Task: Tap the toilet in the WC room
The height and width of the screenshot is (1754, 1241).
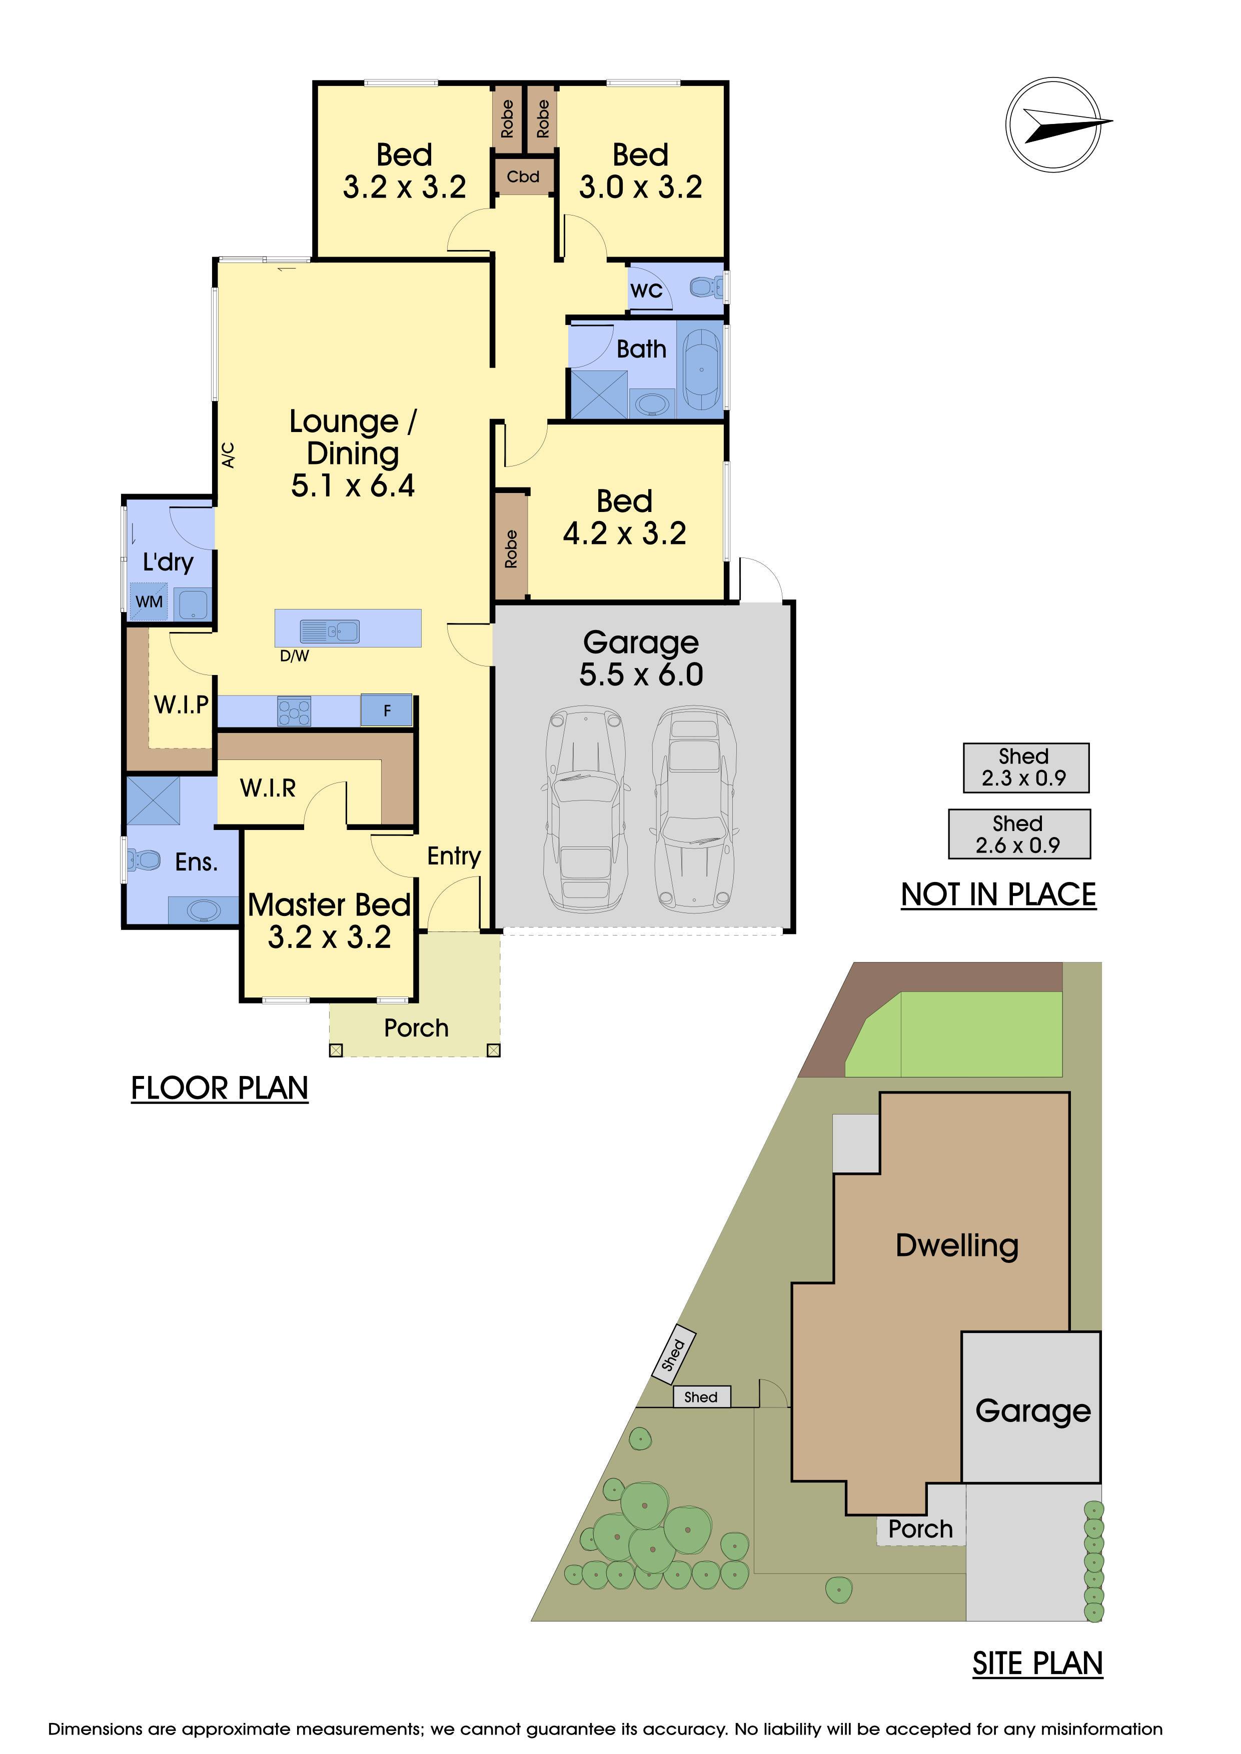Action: point(706,287)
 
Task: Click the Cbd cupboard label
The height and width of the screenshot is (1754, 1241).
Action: point(523,176)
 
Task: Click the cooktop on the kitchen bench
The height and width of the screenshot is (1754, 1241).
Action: point(294,711)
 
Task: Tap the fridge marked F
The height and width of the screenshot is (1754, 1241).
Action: point(387,709)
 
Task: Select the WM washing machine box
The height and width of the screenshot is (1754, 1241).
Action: point(149,600)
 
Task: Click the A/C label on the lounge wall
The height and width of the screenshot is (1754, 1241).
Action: point(228,455)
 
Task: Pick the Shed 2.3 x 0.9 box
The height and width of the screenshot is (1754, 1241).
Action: point(1025,768)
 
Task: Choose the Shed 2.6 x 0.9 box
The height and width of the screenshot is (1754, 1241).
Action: point(1019,834)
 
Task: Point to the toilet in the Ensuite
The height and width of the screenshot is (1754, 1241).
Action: point(145,860)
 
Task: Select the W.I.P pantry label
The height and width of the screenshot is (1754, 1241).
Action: point(181,704)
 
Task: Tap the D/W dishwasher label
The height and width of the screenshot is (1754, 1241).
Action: point(294,655)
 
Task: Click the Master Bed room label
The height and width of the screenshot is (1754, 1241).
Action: point(329,905)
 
